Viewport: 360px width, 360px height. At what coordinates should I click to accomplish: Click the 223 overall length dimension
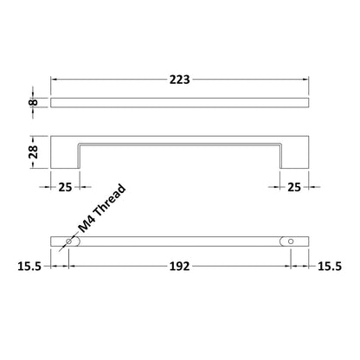[x=179, y=80]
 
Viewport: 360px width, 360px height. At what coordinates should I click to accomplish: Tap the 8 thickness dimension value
[x=33, y=102]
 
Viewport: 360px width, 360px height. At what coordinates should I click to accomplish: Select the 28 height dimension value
[x=33, y=151]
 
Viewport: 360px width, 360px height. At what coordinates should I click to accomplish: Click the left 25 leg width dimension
[x=65, y=187]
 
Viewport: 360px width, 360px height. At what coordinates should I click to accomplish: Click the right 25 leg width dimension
[x=294, y=187]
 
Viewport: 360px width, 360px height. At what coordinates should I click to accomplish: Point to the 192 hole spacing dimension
[x=179, y=267]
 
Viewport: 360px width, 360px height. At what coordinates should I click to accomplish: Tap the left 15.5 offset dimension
[x=29, y=267]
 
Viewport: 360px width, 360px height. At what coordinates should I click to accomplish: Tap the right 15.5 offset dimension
[x=330, y=267]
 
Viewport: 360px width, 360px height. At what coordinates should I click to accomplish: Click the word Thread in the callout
[x=110, y=200]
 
